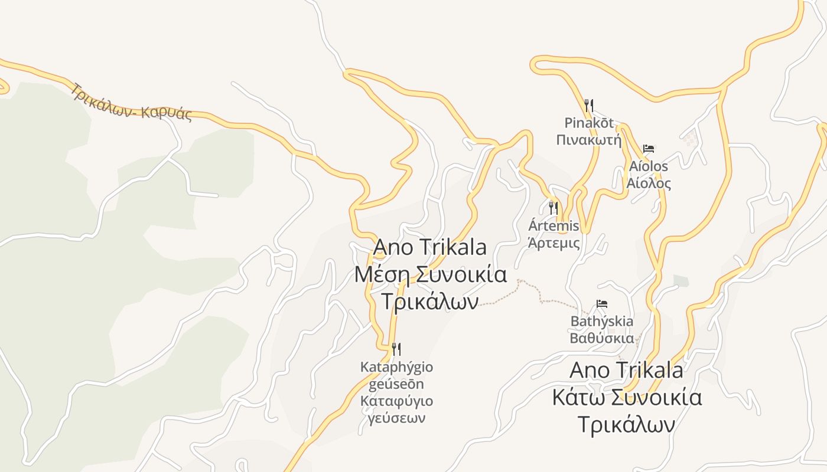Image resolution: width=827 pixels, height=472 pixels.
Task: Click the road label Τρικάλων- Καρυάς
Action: [x=132, y=102]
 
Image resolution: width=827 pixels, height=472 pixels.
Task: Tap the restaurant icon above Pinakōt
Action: [x=588, y=106]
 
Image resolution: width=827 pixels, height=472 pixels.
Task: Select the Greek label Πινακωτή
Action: [x=589, y=140]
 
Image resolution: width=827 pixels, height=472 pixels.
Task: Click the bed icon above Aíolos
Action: [x=649, y=149]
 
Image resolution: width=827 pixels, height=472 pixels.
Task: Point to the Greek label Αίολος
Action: [x=649, y=183]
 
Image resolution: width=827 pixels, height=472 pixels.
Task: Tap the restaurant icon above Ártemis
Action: [x=553, y=208]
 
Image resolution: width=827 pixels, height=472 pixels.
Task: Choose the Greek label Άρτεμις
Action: [x=553, y=242]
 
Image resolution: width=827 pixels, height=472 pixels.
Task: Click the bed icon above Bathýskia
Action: [x=602, y=304]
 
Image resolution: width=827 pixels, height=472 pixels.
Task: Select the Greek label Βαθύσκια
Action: [x=602, y=338]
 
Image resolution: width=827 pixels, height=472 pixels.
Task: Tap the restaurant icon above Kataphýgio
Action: [x=396, y=349]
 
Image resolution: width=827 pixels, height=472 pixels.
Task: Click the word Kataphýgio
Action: [x=396, y=368]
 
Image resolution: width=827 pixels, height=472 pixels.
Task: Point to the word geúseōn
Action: [x=396, y=384]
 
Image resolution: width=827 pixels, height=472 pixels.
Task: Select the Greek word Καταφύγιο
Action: [x=396, y=401]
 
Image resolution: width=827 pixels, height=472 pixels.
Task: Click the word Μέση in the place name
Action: [x=382, y=275]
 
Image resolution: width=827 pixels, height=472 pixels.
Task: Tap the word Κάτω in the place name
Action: [x=578, y=397]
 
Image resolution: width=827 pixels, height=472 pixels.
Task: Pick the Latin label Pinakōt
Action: [x=589, y=123]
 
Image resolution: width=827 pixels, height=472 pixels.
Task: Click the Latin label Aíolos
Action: [x=649, y=166]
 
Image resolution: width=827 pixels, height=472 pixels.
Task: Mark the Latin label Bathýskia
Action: [x=602, y=322]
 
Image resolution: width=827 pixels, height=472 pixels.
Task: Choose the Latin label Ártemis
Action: [x=553, y=226]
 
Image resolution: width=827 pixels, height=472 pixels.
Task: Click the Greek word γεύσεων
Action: [x=396, y=418]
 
